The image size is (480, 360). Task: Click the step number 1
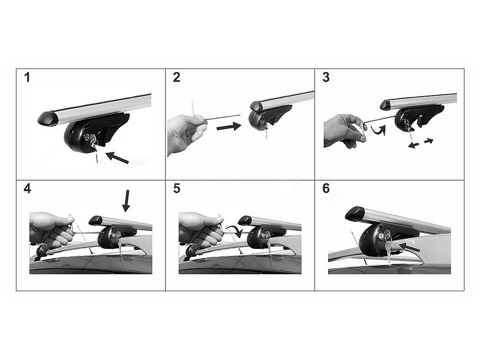pos(27,77)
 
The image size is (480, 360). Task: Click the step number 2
pos(177,77)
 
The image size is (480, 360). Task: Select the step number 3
pos(326,77)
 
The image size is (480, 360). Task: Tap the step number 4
pos(27,188)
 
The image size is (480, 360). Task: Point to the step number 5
pos(177,188)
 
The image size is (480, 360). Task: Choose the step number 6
pos(326,188)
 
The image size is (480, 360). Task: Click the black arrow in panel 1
pos(117,157)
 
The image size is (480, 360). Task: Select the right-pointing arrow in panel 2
pos(229,126)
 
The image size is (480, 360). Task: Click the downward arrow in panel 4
pos(126,201)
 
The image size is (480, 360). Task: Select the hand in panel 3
pos(345,131)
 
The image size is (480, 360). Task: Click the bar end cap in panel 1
pos(48,118)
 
